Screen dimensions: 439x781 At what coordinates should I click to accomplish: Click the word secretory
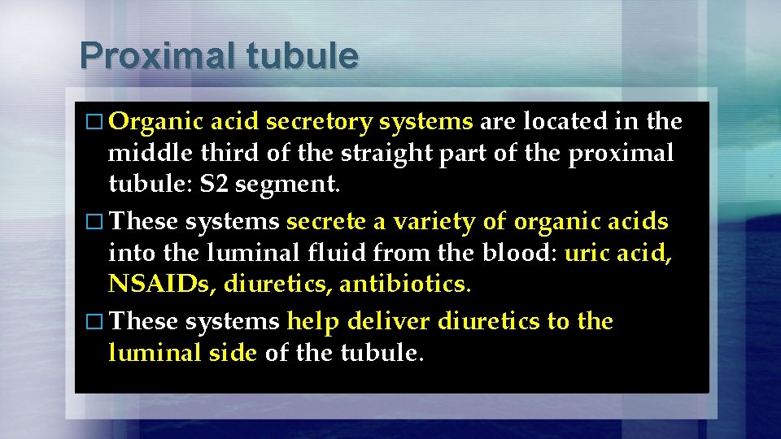[x=319, y=123]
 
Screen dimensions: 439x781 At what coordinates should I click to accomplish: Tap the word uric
[x=587, y=254]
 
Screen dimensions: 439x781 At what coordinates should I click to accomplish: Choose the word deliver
[x=390, y=322]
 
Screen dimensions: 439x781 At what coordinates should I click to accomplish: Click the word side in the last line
[x=234, y=354]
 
